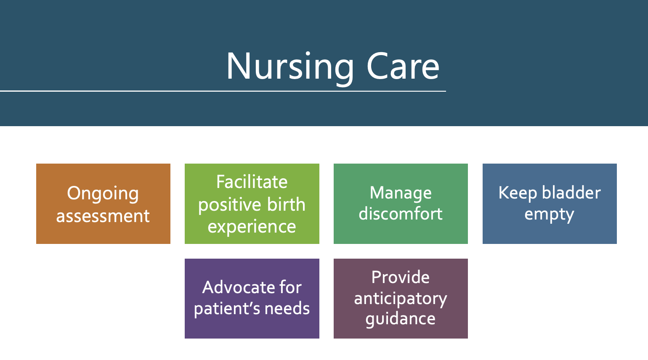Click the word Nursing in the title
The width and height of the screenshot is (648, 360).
pyautogui.click(x=290, y=66)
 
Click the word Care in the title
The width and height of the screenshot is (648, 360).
pyautogui.click(x=403, y=66)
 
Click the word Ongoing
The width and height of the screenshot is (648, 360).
pyautogui.click(x=103, y=194)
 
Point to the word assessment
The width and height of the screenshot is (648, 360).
pyautogui.click(x=103, y=216)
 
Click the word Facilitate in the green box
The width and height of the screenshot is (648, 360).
pyautogui.click(x=252, y=182)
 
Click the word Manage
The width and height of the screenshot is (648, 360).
pyautogui.click(x=400, y=193)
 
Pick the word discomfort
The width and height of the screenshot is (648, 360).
pyautogui.click(x=400, y=214)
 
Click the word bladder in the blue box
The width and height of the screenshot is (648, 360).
pyautogui.click(x=571, y=193)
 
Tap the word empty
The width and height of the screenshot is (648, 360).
pyautogui.click(x=549, y=214)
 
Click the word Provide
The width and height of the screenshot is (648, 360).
pyautogui.click(x=400, y=278)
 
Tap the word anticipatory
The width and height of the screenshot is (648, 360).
pyautogui.click(x=400, y=299)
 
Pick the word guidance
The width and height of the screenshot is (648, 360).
pyautogui.click(x=400, y=319)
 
